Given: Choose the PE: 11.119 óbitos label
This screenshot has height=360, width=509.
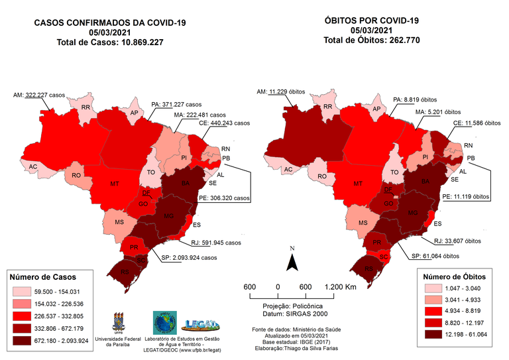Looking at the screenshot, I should (466, 197).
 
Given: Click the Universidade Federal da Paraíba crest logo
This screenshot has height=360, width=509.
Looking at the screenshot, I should (119, 322).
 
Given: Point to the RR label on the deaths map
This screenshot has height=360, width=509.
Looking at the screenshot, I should (327, 107).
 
